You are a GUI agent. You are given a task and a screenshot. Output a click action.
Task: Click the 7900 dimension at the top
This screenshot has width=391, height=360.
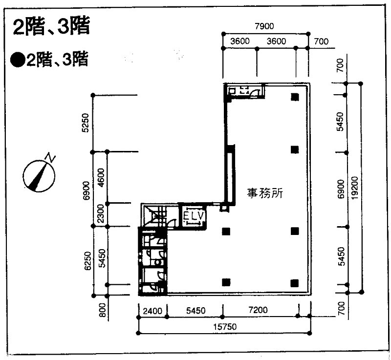coord(264,26)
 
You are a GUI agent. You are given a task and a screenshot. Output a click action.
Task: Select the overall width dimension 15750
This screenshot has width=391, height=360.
coord(225,327)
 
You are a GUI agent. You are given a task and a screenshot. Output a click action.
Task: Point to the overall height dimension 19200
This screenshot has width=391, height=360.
coord(354,188)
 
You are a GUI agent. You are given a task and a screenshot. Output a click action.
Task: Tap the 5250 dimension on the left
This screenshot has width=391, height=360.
coord(85,123)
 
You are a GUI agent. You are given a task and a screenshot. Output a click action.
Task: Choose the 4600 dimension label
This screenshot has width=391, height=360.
coord(101,178)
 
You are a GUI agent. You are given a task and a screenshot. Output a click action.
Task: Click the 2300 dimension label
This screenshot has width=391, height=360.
coord(101,213)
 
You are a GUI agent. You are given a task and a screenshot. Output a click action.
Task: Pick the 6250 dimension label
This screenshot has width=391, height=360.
coord(87,261)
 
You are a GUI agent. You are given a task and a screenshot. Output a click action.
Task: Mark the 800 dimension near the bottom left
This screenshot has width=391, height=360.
coord(103,310)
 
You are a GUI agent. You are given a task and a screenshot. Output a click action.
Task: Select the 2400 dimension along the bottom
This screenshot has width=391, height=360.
coord(152,311)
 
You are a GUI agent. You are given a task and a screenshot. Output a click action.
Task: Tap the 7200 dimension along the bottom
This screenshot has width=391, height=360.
coord(258,310)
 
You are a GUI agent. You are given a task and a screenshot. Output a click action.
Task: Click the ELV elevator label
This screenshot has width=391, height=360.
coord(194,216)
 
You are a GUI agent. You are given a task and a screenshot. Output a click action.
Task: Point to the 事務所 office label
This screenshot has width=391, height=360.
coord(265,193)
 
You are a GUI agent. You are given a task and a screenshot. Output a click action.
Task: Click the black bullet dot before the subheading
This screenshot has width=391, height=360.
coord(18,60)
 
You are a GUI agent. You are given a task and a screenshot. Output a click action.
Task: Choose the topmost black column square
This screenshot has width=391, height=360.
coord(295,97)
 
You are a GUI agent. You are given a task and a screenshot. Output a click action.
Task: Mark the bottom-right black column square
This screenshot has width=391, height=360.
coord(295,283)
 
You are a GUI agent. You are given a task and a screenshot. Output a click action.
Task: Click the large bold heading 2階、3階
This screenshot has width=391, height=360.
coord(51,26)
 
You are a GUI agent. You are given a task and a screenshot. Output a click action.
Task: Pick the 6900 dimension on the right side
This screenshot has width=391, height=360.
coord(340,189)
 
